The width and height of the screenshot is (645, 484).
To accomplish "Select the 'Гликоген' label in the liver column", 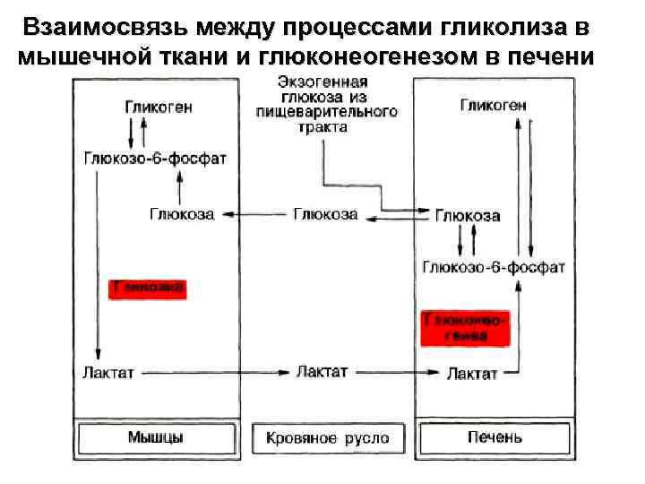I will tap(494, 105).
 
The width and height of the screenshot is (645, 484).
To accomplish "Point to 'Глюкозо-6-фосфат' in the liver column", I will tap(494, 266).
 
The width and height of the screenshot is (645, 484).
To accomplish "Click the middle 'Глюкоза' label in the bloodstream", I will tap(325, 214).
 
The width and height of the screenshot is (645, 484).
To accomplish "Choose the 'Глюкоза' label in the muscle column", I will tap(182, 215).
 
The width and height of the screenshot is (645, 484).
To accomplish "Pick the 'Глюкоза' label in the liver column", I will tap(468, 216).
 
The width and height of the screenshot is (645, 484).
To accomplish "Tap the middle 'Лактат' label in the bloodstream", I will tap(322, 371).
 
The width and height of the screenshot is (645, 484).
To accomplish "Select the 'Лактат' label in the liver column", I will tap(472, 373).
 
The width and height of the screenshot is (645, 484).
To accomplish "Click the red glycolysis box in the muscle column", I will tap(148, 288).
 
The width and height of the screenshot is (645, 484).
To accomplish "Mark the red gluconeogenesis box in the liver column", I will tap(467, 327).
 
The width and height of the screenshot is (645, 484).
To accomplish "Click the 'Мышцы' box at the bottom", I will tap(156, 438).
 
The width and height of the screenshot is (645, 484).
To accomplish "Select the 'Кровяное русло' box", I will tap(328, 438).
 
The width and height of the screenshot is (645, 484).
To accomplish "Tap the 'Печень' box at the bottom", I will tap(494, 438).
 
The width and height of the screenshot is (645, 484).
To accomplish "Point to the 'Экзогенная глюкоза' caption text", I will tap(326, 104).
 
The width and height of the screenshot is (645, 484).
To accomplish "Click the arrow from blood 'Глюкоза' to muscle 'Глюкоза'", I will tap(256, 215).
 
